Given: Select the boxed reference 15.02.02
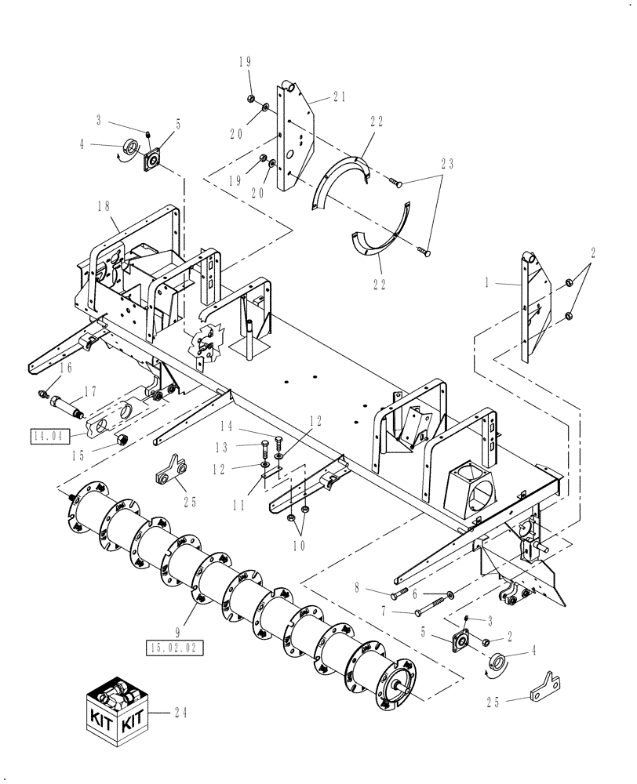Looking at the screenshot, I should [175, 647].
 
